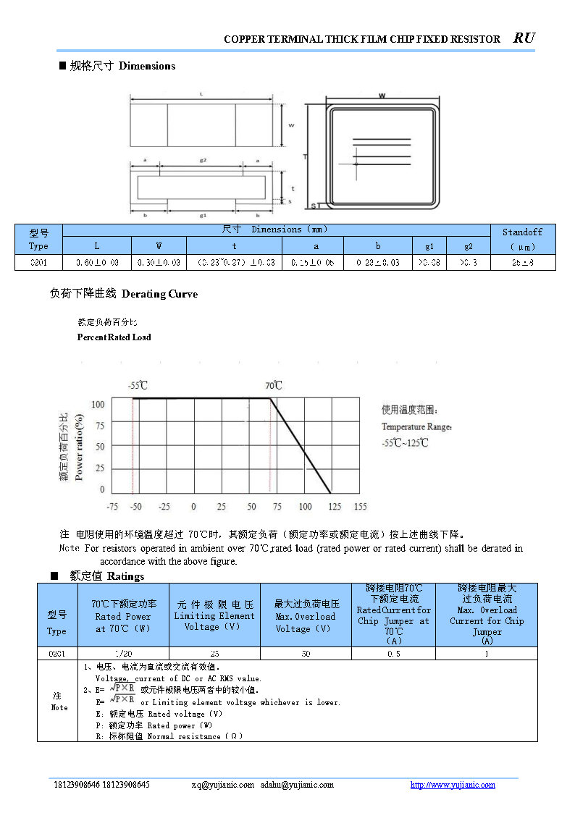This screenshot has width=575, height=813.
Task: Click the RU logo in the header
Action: [x=524, y=38]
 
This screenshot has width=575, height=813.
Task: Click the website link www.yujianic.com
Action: [x=453, y=785]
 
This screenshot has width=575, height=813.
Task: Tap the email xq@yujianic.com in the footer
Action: [x=222, y=785]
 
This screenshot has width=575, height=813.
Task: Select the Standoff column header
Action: [x=522, y=239]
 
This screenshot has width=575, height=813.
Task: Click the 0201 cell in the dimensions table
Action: [x=38, y=263]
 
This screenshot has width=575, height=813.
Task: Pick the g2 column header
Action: [x=469, y=246]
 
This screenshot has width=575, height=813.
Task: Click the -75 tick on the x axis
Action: [x=112, y=507]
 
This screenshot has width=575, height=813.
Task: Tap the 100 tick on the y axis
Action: [x=97, y=404]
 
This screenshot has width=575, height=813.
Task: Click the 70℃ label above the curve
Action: [x=273, y=385]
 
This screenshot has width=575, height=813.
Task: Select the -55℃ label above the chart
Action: [x=138, y=386]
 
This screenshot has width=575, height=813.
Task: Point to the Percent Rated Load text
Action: [x=114, y=337]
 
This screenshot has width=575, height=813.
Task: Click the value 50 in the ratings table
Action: [x=306, y=653]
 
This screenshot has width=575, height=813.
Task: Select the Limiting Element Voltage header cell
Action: [x=214, y=615]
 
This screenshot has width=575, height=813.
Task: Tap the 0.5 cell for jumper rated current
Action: [x=393, y=653]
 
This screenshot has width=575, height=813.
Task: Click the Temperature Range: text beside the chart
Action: [x=417, y=427]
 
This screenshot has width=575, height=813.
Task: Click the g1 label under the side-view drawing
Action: [x=203, y=215]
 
